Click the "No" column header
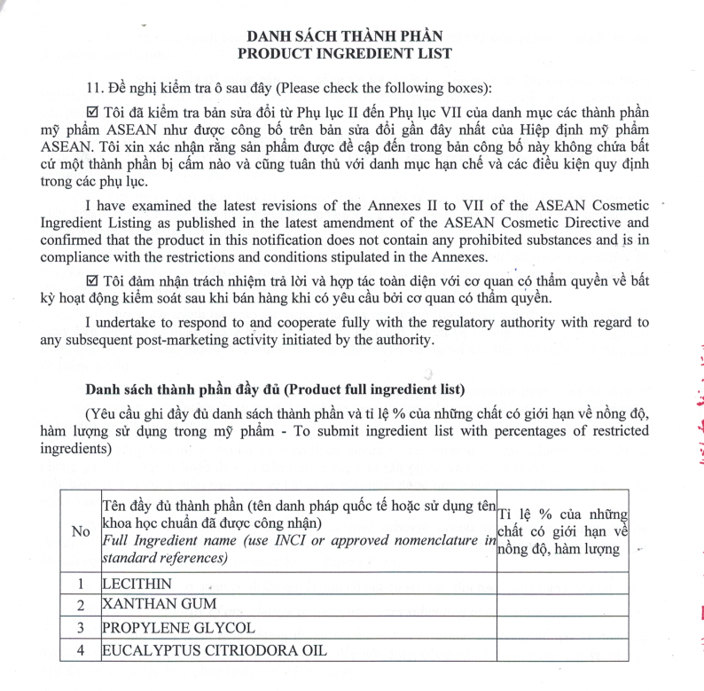pos(81,531)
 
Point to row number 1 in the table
pos(81,584)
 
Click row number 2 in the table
pos(81,606)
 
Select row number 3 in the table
pos(81,628)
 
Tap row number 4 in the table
pos(81,650)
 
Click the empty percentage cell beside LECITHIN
pos(562,584)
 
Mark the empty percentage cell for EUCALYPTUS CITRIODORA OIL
pos(562,650)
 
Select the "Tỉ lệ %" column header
pos(562,531)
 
